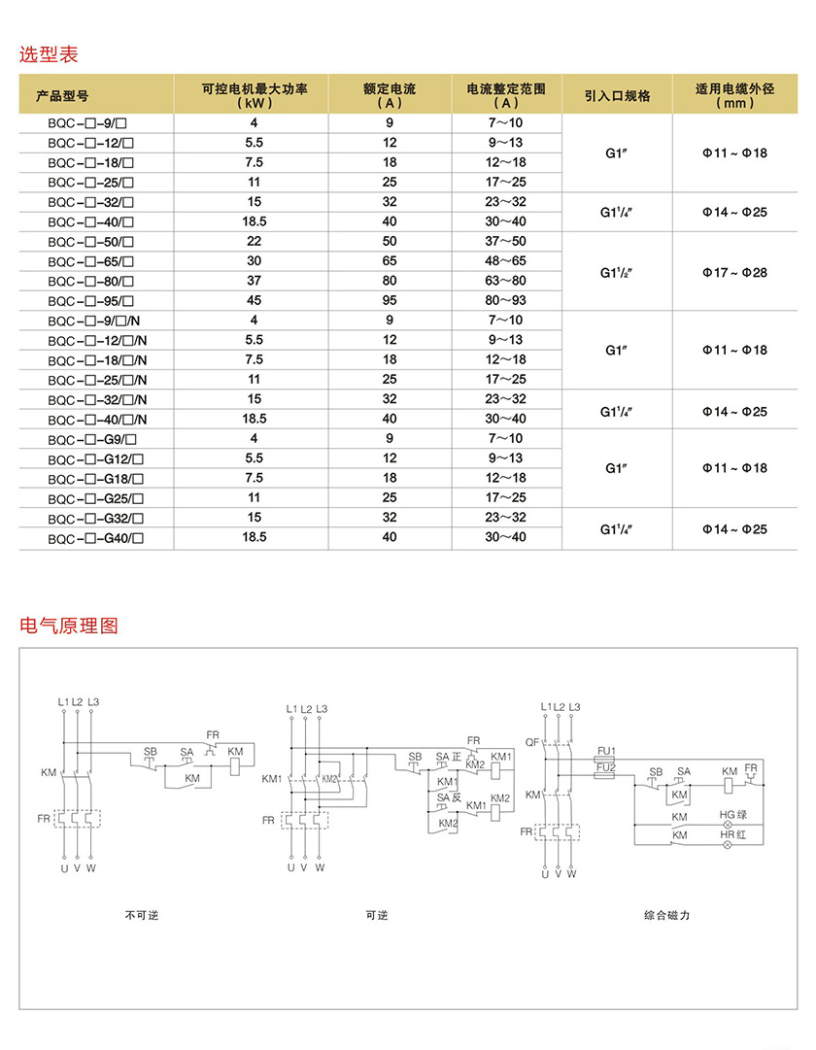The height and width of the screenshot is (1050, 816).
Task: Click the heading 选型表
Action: point(49,54)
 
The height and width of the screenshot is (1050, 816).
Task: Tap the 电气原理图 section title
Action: point(69,626)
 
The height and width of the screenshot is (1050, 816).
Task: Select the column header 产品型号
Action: point(62,95)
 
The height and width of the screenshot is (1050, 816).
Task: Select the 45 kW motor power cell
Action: point(254,300)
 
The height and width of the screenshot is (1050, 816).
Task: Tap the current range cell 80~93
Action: point(506,300)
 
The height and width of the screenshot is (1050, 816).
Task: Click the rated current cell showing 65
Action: point(390,260)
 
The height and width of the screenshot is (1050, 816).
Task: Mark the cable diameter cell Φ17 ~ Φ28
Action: point(734,272)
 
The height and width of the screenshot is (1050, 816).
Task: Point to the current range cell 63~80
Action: point(506,281)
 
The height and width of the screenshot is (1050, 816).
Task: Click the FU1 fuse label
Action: point(607,750)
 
